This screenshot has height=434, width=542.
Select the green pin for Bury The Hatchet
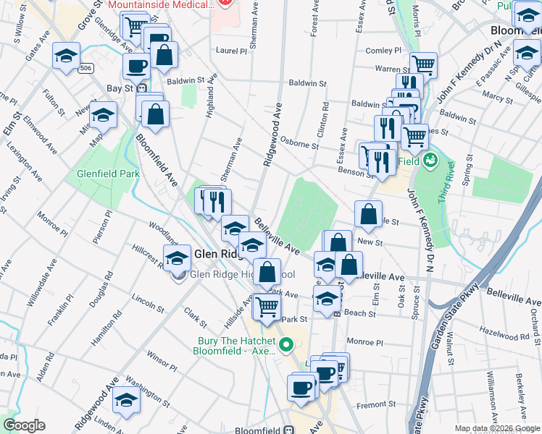click(x=287, y=346)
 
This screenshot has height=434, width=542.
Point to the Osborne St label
click(x=299, y=145)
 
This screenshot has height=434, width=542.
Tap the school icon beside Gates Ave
click(x=66, y=56)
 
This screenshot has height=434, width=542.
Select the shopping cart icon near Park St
click(x=267, y=306)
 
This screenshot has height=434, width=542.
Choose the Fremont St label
click(x=381, y=405)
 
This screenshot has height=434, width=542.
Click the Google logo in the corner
click(x=24, y=425)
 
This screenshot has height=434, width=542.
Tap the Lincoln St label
click(x=149, y=298)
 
